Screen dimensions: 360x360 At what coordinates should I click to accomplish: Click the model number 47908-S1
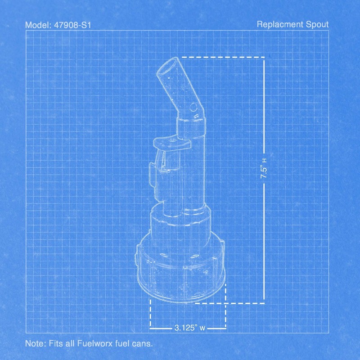tap(72, 25)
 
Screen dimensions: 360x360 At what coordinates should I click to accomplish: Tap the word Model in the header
tap(38, 25)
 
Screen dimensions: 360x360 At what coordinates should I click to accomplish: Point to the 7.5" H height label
tap(264, 168)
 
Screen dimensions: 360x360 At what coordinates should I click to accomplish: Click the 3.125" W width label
tap(189, 328)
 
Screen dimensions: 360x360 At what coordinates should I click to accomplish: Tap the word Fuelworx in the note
tap(95, 343)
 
